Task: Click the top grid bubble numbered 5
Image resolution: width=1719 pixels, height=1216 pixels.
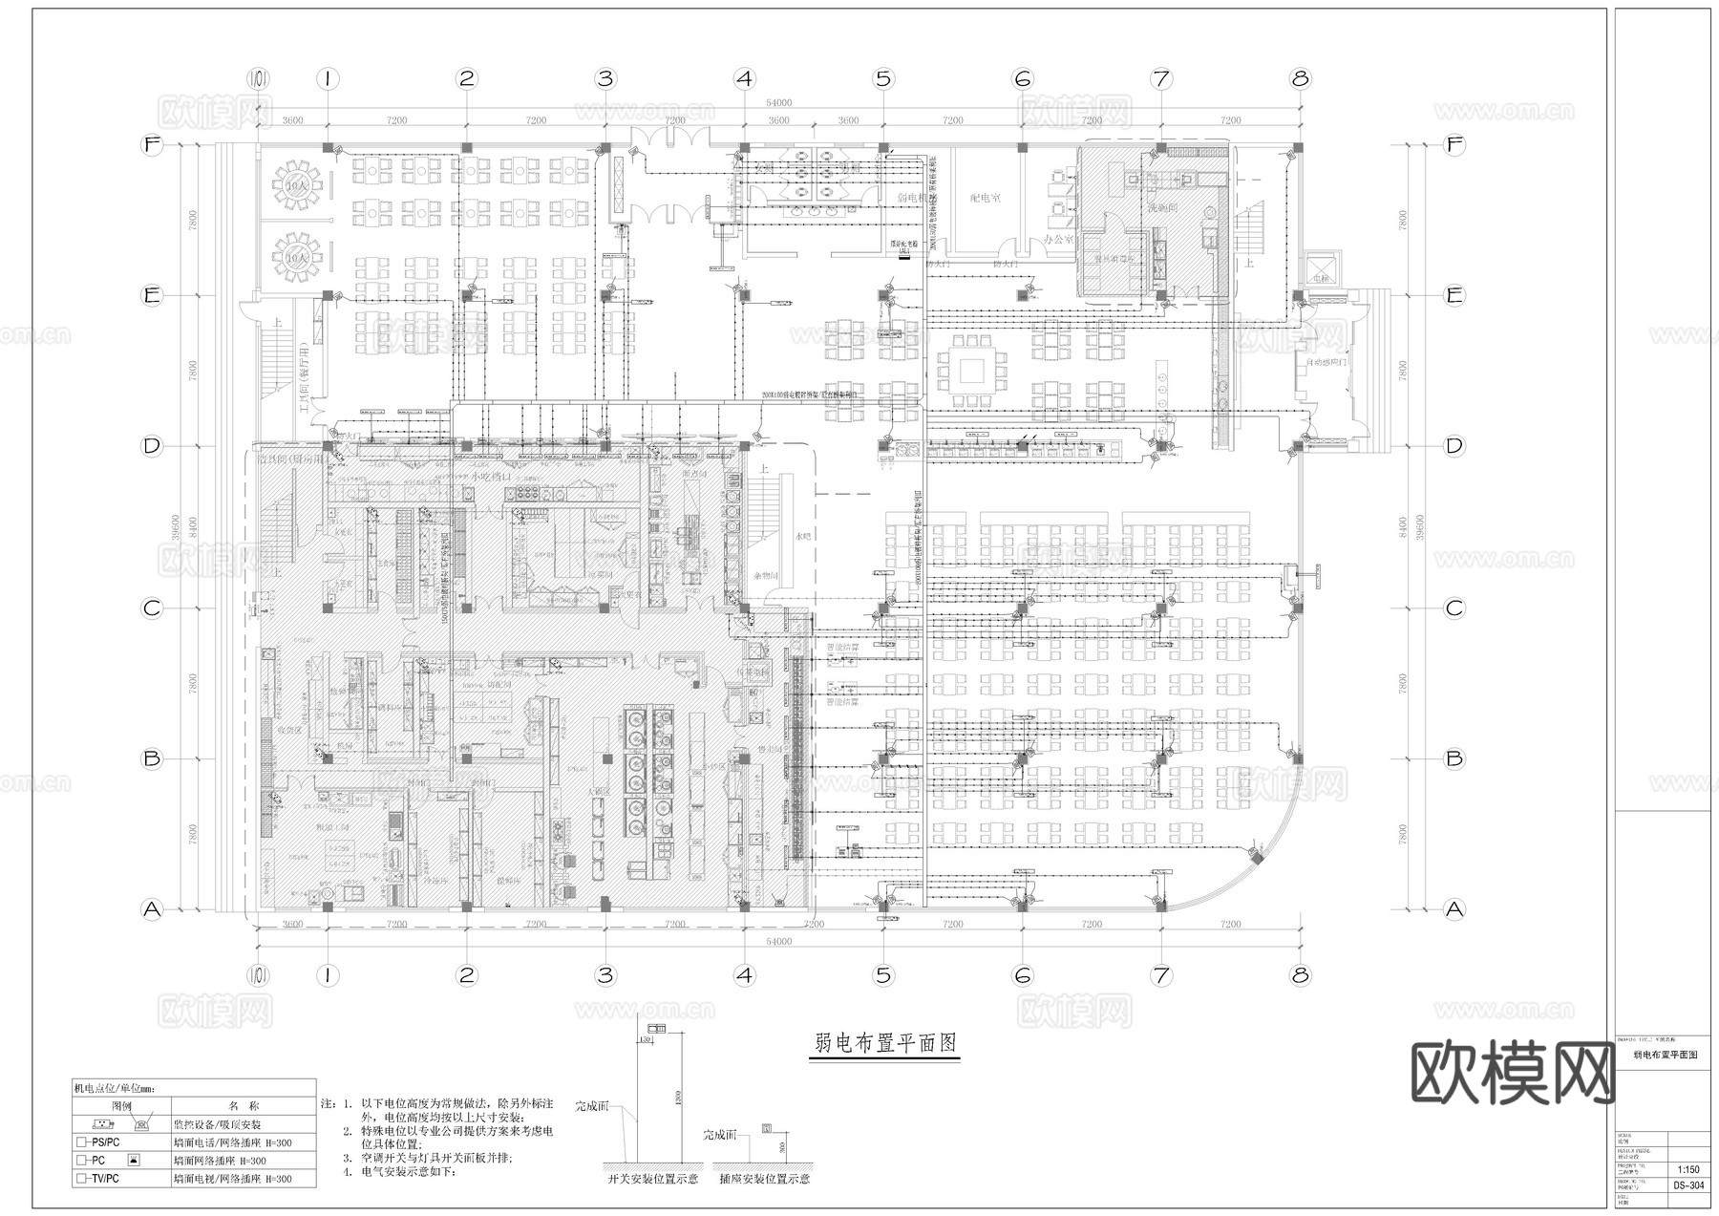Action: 883,78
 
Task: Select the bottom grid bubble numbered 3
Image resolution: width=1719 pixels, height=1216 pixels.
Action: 605,975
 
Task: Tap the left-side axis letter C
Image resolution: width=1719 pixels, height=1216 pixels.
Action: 152,608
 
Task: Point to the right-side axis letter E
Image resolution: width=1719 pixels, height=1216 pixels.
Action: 1454,295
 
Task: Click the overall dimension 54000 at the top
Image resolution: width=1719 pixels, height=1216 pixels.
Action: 778,103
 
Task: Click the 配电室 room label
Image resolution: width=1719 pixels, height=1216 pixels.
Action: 985,199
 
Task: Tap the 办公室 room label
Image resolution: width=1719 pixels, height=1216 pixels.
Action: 1058,239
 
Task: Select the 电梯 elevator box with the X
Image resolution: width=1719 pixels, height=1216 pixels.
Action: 1322,269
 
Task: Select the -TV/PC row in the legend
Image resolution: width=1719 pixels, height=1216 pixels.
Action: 98,1179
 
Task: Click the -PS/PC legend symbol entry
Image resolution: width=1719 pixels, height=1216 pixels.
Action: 98,1142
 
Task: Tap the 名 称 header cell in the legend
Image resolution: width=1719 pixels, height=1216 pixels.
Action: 244,1106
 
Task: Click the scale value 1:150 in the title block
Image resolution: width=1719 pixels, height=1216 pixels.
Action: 1688,1169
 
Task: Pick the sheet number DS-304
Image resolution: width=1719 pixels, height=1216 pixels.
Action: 1688,1186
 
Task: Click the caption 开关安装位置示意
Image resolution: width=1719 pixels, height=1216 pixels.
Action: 653,1179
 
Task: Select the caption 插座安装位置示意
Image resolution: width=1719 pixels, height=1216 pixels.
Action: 764,1179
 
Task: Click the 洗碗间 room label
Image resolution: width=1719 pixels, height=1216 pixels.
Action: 1162,207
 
